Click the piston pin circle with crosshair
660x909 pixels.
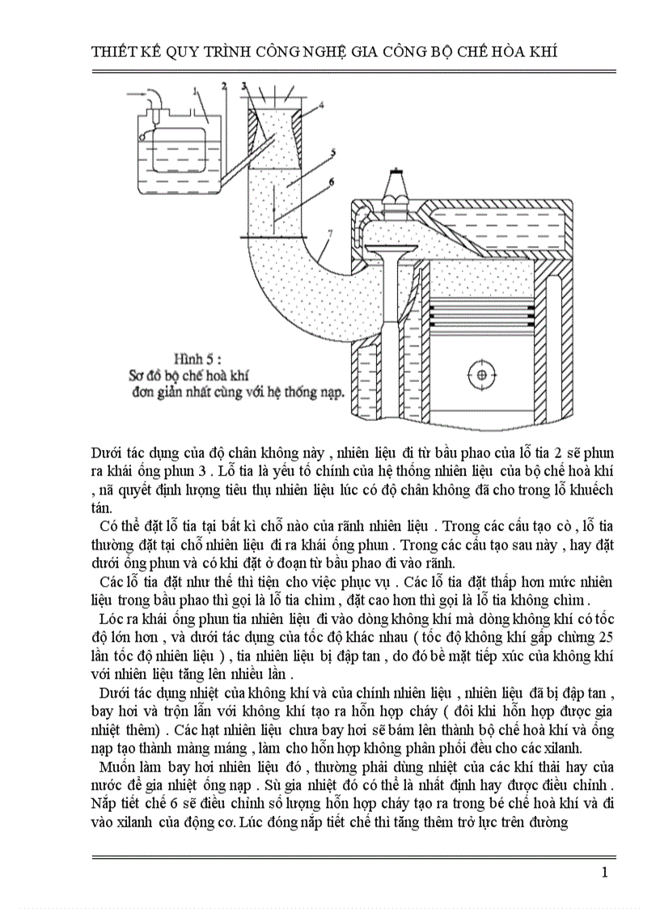(x=483, y=375)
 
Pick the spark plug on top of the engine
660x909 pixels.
(x=396, y=189)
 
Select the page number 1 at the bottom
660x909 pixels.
(x=604, y=872)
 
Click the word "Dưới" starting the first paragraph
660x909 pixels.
(x=107, y=452)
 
